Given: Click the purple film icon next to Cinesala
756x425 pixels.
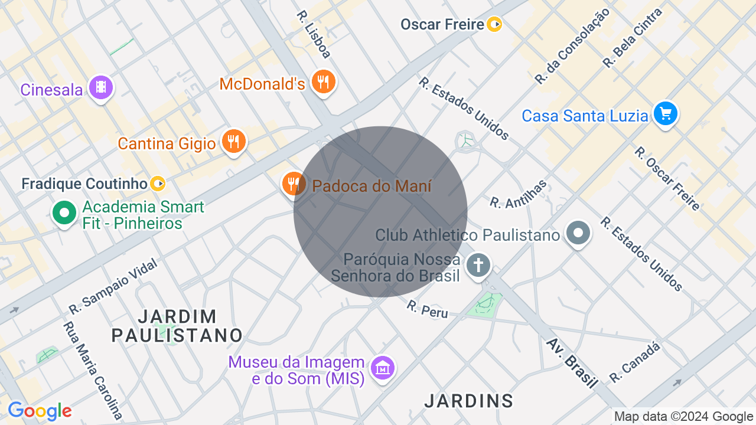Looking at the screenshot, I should click(x=101, y=87).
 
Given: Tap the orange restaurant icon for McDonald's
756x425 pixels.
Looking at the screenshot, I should click(x=322, y=81).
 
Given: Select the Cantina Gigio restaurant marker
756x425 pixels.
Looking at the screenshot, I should click(x=233, y=141).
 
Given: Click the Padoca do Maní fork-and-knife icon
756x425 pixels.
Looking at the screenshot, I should click(x=293, y=184).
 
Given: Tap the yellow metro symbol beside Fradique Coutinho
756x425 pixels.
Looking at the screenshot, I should click(x=158, y=184).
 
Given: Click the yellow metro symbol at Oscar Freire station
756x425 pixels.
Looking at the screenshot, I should click(x=494, y=24).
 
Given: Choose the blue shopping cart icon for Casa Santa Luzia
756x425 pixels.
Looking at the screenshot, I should click(x=666, y=113).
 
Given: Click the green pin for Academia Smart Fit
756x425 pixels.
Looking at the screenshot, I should click(x=64, y=212).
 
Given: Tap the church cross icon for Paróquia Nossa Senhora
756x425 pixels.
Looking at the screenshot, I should click(x=478, y=264).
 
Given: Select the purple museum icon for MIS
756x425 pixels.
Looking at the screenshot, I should click(x=383, y=368).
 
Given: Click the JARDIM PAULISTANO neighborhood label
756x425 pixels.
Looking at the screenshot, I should click(x=177, y=325).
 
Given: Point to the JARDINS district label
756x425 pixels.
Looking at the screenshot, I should click(x=469, y=401).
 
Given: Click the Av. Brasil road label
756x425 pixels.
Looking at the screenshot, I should click(x=572, y=362).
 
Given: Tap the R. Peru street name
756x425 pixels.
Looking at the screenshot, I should click(x=427, y=309).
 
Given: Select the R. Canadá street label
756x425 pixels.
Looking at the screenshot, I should click(x=635, y=362).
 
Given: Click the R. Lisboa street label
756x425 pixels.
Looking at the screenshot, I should click(x=314, y=34).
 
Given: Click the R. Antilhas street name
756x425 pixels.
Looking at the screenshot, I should click(x=518, y=194).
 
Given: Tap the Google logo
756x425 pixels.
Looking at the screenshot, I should click(x=40, y=411).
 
